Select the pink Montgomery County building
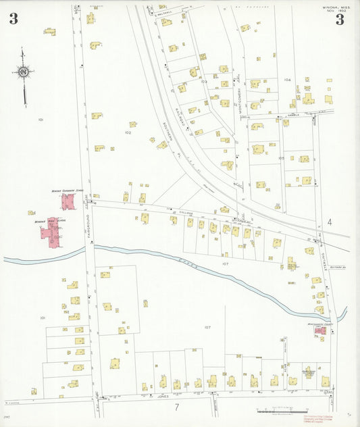point(319,330)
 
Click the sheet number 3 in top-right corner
point(339,20)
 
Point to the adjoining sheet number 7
point(176,407)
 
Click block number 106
point(288,80)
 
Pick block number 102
point(127,132)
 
